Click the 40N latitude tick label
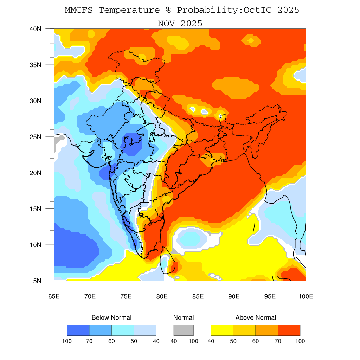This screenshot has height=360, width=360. [36, 29]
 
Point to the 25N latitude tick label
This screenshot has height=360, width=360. [36, 137]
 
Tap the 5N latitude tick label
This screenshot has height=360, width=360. [37, 281]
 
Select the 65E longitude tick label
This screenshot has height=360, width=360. [54, 296]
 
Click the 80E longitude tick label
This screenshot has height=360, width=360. [162, 296]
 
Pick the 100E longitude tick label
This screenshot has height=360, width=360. [306, 296]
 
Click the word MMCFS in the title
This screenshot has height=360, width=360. [79, 10]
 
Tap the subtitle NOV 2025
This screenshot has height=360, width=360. [180, 24]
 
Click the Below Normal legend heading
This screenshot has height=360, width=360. [111, 317]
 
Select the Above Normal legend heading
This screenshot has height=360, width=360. [256, 317]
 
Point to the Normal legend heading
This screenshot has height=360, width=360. [184, 317]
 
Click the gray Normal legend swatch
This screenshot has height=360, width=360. [184, 330]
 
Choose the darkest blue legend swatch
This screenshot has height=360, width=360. [78, 330]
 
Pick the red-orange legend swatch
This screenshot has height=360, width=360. [289, 330]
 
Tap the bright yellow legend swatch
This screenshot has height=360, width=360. [222, 330]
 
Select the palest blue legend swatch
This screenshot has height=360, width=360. [145, 330]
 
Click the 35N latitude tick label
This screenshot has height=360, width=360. [36, 65]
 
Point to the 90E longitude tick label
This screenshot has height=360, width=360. [234, 296]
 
